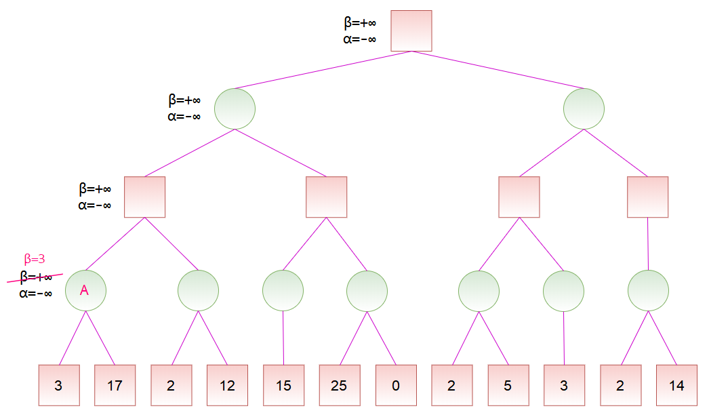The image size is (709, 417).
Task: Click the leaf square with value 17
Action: (115, 385)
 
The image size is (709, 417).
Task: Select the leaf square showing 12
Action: (228, 385)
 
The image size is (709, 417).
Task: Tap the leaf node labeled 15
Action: (283, 385)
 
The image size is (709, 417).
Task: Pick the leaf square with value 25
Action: (340, 385)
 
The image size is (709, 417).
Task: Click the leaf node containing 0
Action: (396, 385)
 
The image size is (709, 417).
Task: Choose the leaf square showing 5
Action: (508, 385)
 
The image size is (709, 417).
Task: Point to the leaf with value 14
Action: (676, 385)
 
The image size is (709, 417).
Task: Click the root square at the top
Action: (411, 31)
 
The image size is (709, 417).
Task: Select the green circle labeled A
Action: (86, 291)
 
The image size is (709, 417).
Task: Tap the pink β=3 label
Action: (35, 259)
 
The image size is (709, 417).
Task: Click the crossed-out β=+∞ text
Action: (36, 277)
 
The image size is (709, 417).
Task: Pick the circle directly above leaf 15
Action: (283, 291)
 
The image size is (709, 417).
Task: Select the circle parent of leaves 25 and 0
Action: (367, 291)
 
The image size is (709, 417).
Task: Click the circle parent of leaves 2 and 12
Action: (198, 291)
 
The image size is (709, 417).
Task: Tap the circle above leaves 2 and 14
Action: (649, 291)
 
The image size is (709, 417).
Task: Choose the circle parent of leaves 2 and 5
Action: (479, 291)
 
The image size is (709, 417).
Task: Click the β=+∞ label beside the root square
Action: (360, 22)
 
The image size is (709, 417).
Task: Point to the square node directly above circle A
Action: (144, 197)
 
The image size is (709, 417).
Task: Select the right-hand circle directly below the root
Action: (584, 109)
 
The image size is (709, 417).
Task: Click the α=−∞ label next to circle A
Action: (36, 294)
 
